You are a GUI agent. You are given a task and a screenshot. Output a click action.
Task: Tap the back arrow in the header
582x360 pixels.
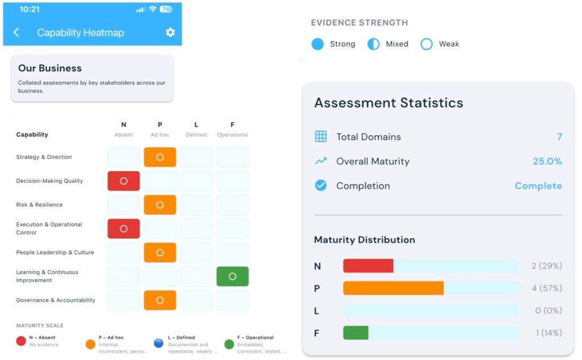[16, 32]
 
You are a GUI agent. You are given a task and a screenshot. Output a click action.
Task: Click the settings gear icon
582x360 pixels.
[170, 32]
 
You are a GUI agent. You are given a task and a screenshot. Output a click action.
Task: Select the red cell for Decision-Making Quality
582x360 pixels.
[123, 181]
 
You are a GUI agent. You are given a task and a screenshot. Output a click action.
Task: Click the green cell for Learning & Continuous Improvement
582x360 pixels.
[232, 276]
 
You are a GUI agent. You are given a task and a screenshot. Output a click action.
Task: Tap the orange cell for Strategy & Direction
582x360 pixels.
[160, 157]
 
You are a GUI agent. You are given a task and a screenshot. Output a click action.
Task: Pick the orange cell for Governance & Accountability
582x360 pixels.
[160, 300]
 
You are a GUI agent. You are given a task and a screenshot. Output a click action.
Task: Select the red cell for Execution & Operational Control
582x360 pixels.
[123, 229]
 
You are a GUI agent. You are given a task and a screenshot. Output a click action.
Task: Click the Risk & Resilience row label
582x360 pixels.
[39, 205]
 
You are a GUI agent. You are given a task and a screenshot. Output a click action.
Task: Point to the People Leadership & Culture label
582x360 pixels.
[55, 253]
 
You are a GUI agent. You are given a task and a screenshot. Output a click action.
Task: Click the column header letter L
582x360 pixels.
[196, 125]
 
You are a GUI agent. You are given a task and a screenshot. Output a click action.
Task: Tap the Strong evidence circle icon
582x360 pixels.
[318, 44]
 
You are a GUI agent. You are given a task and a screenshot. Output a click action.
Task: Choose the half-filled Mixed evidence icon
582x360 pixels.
[373, 44]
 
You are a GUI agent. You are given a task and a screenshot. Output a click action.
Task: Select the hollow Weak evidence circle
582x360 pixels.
[426, 44]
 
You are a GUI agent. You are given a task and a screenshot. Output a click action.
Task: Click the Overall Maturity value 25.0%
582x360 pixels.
[547, 162]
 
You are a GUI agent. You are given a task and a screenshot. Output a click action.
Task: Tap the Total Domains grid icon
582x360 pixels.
[321, 136]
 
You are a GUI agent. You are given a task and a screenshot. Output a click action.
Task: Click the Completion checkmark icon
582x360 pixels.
[321, 185]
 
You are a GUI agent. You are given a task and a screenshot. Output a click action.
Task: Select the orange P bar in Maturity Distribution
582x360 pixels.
[393, 288]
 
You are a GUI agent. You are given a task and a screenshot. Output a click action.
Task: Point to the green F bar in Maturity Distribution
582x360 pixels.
[356, 333]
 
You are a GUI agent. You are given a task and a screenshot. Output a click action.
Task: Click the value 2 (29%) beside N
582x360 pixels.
[546, 266]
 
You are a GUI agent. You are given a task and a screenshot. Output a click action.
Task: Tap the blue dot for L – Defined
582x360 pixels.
[159, 343]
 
